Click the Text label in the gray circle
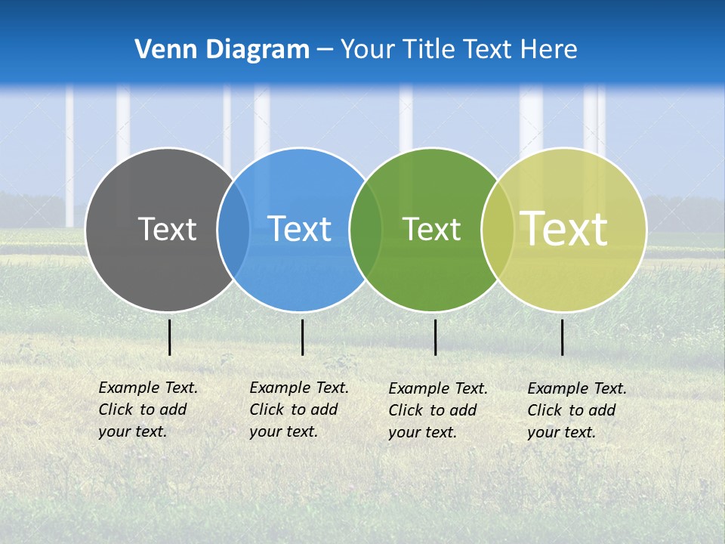pos(167,229)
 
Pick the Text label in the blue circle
pos(300,229)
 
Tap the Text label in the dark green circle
pos(431,229)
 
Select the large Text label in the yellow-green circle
pos(564,228)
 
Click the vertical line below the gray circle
pos(170,337)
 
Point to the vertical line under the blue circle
pos(302,337)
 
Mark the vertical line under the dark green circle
pos(435,337)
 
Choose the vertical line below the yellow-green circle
pos(563,337)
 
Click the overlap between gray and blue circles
pos(233,229)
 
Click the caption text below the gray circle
pos(147,410)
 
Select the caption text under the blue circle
pos(298,410)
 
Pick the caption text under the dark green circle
pos(437,410)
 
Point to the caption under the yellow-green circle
pos(576,410)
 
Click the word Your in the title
pos(366,50)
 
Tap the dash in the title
pos(325,50)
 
